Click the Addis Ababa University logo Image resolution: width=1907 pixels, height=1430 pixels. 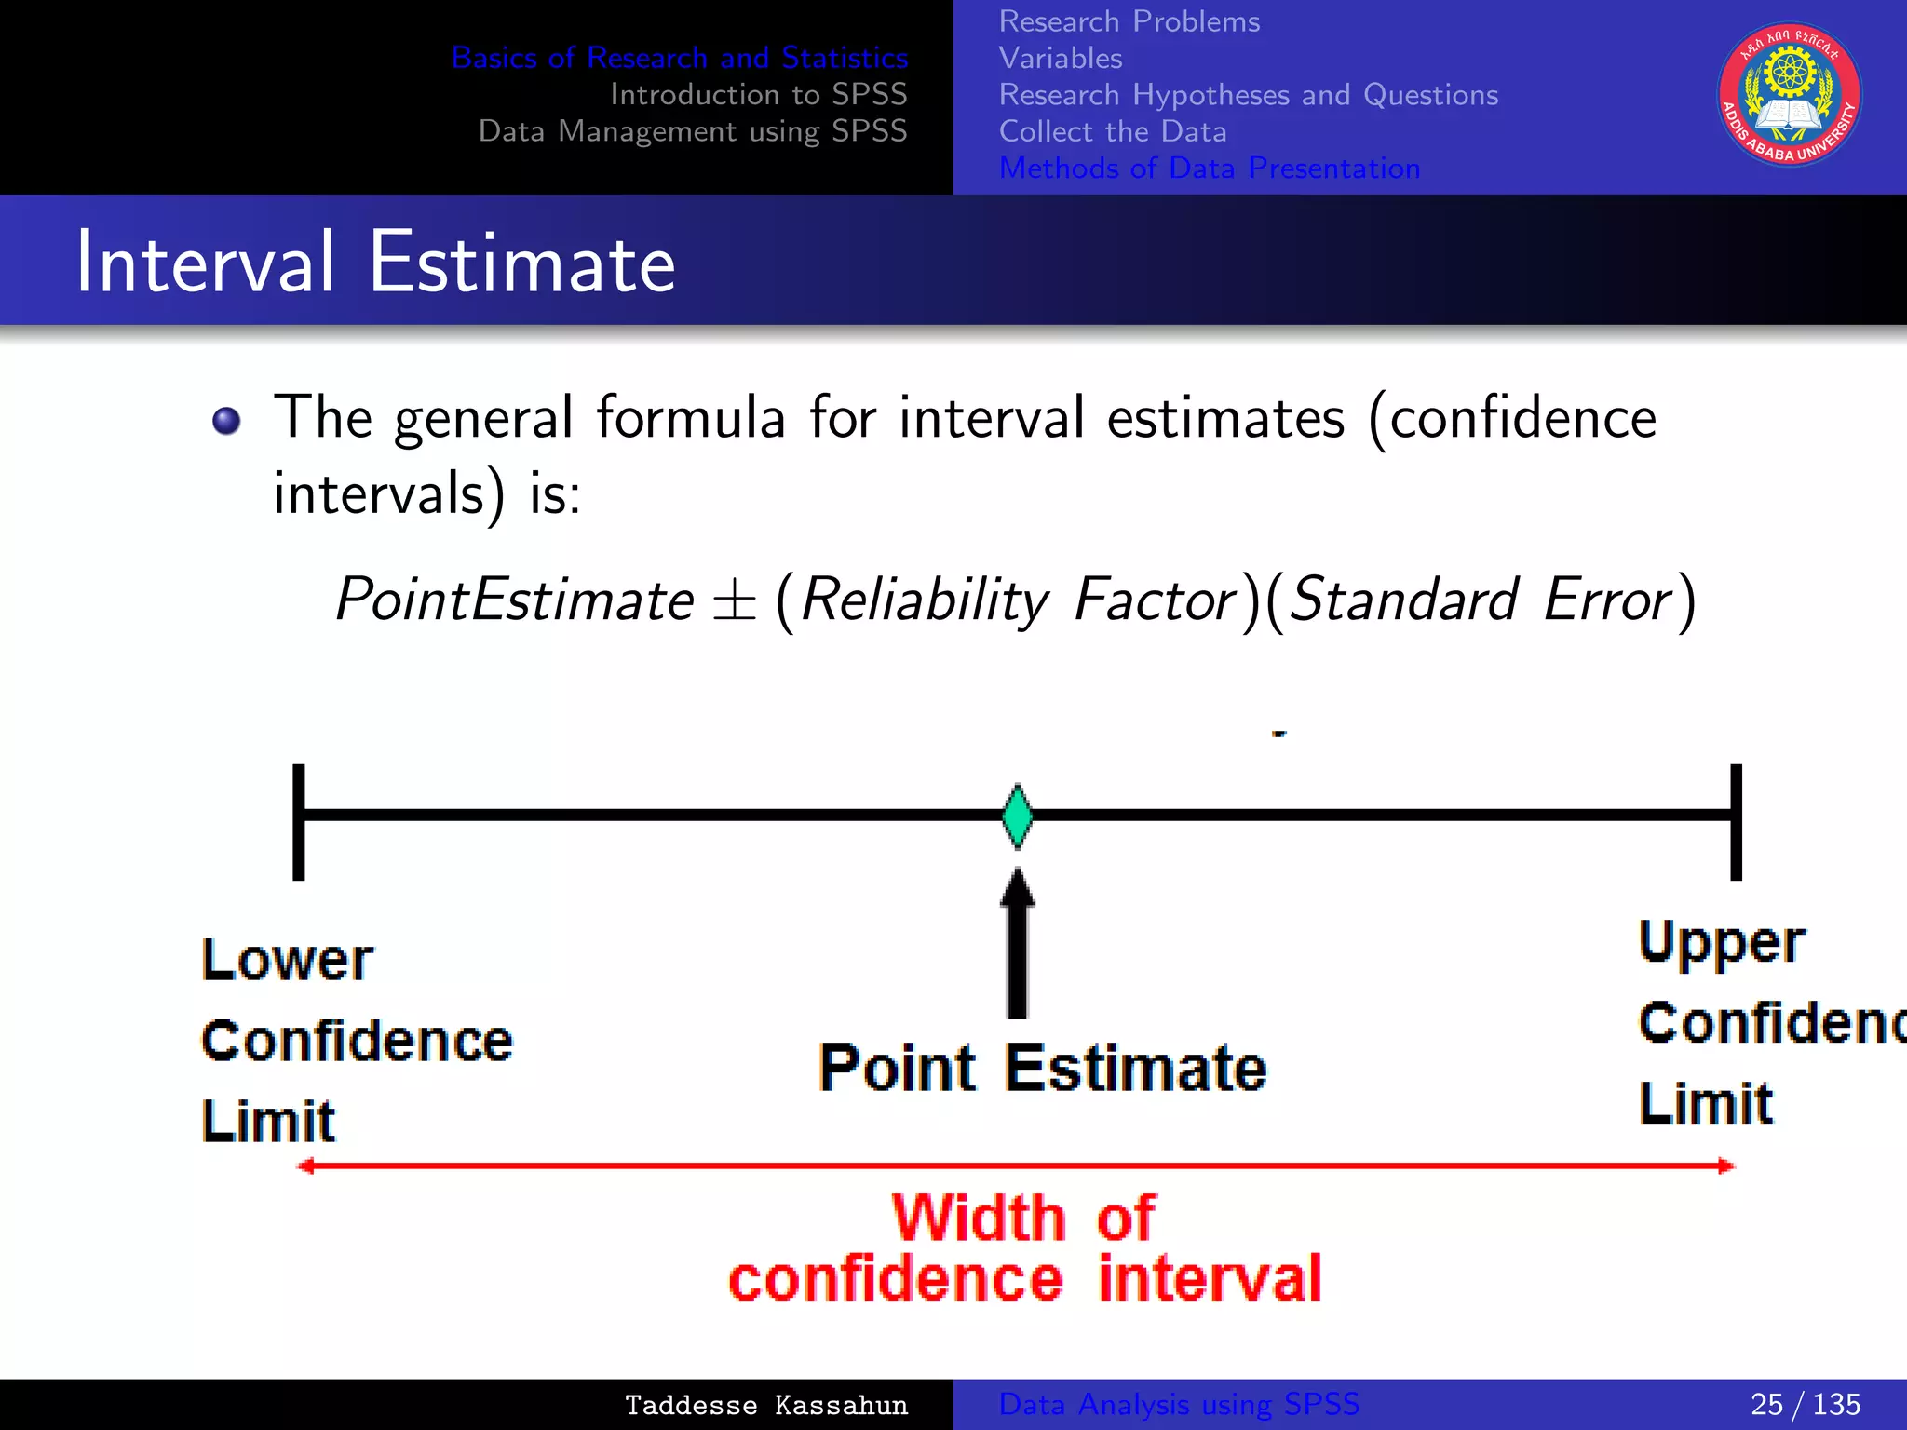pyautogui.click(x=1789, y=94)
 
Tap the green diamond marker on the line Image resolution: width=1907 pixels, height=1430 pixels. pyautogui.click(x=1017, y=816)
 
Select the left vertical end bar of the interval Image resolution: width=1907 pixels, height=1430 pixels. pyautogui.click(x=299, y=821)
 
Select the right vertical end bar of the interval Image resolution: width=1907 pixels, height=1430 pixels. pyautogui.click(x=1736, y=821)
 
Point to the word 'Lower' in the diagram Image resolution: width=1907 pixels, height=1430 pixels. pyautogui.click(x=287, y=960)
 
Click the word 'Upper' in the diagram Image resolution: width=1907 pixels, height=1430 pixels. pyautogui.click(x=1721, y=943)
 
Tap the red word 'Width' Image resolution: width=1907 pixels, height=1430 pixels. pyautogui.click(x=977, y=1217)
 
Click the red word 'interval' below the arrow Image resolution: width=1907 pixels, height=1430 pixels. pyautogui.click(x=1209, y=1279)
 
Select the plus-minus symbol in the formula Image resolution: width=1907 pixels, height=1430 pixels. pyautogui.click(x=734, y=600)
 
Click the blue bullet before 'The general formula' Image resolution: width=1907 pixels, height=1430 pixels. pyautogui.click(x=226, y=421)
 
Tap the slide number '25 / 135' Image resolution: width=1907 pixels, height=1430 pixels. pyautogui.click(x=1805, y=1404)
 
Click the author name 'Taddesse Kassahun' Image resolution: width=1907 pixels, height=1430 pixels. pyautogui.click(x=765, y=1405)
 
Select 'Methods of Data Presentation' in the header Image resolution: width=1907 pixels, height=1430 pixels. pyautogui.click(x=1209, y=169)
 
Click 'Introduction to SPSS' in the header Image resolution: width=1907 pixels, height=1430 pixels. pyautogui.click(x=758, y=94)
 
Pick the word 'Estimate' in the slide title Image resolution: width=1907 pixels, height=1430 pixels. pyautogui.click(x=521, y=263)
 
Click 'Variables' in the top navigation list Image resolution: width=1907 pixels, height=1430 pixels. pyautogui.click(x=1060, y=59)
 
